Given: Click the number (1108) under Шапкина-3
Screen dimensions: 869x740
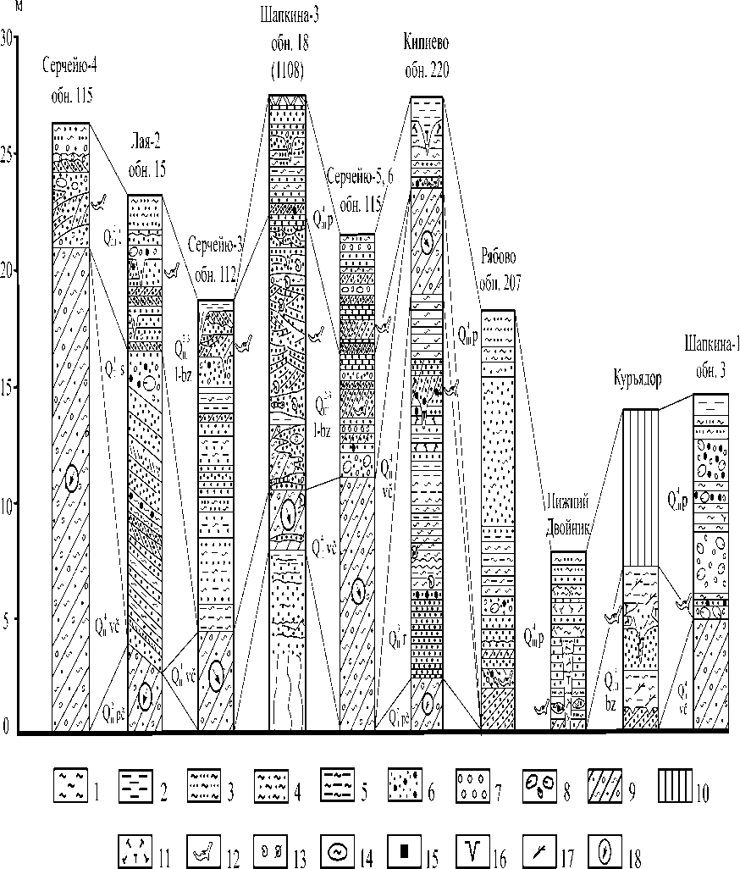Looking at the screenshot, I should pos(288,71).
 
